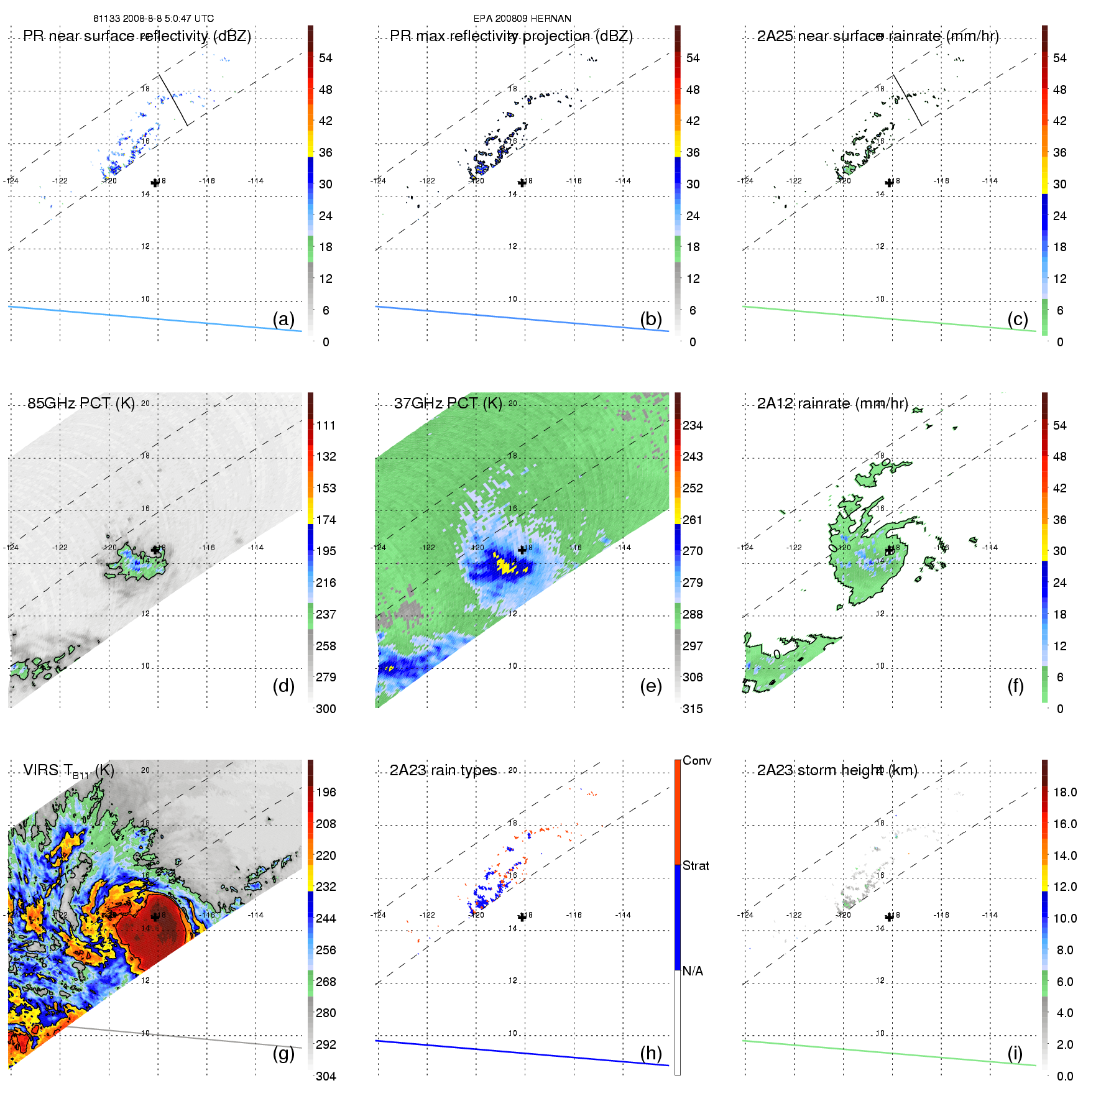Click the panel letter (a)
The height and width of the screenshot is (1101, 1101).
point(283,319)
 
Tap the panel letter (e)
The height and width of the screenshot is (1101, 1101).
point(651,686)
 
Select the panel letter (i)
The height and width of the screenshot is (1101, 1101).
point(1015,1053)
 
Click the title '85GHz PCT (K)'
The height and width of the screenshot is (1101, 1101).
point(81,403)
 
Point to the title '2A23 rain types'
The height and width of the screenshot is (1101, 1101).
point(443,770)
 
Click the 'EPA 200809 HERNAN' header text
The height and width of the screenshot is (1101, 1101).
point(522,19)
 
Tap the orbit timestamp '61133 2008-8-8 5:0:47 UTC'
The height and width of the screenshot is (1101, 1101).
point(154,19)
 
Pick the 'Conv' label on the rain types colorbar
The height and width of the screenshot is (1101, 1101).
point(697,760)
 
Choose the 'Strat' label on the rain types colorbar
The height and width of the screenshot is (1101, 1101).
point(696,865)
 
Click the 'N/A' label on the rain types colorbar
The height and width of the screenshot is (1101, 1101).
point(693,971)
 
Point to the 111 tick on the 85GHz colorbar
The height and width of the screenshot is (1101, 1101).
point(326,425)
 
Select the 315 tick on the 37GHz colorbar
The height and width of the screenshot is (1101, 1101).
point(693,709)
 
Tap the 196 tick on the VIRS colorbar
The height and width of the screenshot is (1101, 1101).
point(326,792)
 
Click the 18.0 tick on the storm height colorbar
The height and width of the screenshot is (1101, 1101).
point(1065,792)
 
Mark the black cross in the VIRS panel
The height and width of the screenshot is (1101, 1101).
point(155,916)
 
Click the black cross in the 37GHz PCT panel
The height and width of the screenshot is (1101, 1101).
point(522,550)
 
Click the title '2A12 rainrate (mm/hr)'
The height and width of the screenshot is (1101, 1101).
point(832,403)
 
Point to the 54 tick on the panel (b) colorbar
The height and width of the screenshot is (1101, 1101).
point(693,58)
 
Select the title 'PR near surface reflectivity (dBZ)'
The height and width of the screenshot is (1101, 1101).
point(137,36)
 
